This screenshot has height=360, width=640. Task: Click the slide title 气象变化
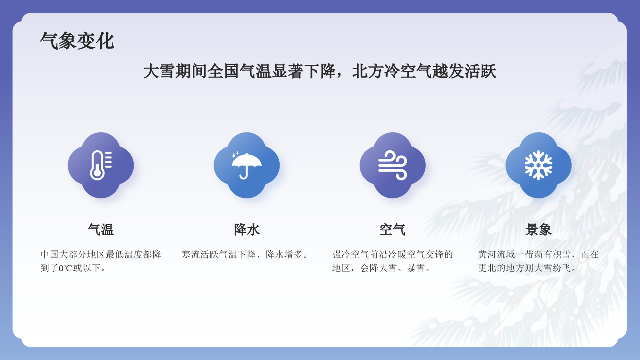(x=77, y=41)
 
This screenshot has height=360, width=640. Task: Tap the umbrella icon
(x=246, y=165)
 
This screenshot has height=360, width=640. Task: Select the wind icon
(x=392, y=165)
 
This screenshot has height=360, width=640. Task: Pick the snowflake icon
(x=538, y=165)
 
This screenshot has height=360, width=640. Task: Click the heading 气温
(x=101, y=230)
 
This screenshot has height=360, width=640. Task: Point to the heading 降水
(x=247, y=230)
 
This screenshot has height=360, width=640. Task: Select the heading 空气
(x=392, y=230)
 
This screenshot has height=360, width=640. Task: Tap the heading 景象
(x=538, y=230)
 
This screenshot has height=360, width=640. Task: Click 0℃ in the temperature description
(x=65, y=268)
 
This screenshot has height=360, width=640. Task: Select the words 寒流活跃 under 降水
(x=200, y=254)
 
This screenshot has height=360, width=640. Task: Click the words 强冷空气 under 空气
(x=351, y=254)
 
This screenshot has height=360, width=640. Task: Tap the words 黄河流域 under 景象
(x=497, y=254)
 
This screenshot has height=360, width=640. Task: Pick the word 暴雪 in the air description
(x=416, y=268)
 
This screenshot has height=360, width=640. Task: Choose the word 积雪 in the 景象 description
(x=562, y=254)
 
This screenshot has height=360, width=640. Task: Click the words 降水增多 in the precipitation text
(x=284, y=254)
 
